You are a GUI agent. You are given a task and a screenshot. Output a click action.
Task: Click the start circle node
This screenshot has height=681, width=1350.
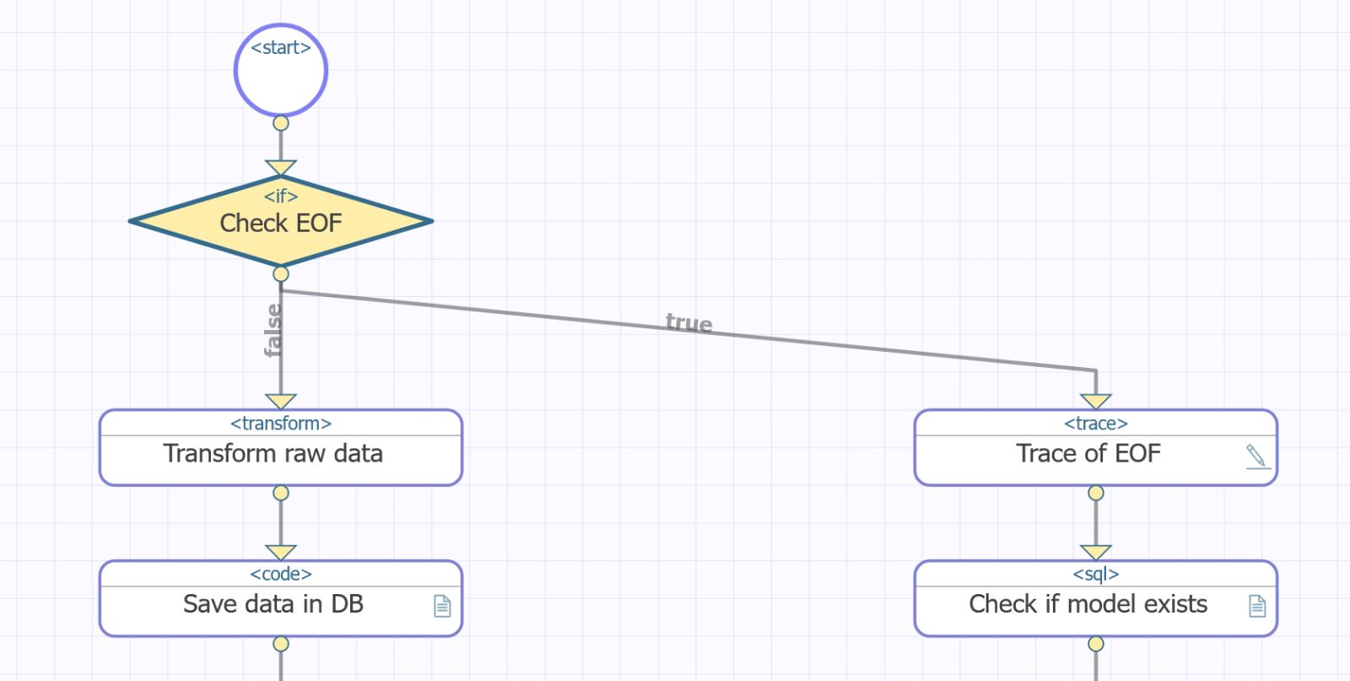point(281,71)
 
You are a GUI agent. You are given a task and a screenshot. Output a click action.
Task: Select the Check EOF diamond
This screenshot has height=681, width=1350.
point(281,222)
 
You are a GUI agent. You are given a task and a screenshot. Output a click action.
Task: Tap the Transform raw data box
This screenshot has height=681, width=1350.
point(281,454)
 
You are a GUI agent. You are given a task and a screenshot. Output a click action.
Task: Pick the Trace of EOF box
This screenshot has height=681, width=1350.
point(1088,454)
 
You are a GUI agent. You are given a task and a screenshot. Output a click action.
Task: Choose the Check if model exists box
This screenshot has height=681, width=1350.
point(1088,605)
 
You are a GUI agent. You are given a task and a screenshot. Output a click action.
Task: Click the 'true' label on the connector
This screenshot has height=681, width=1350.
point(688,323)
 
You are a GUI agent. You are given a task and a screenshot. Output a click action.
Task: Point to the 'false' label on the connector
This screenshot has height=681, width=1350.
point(273,331)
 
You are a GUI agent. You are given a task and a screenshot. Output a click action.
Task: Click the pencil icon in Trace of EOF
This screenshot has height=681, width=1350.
point(1256,456)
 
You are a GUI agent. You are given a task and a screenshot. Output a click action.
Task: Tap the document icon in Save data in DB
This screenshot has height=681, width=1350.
point(442,606)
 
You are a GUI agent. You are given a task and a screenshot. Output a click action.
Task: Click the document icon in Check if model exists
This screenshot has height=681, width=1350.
point(1257,606)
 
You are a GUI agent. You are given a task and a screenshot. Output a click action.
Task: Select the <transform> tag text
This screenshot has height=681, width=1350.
point(281,424)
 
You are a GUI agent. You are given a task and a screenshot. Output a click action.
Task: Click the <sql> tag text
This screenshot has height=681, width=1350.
point(1096,575)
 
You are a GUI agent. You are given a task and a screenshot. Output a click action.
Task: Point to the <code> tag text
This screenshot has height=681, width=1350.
point(281,575)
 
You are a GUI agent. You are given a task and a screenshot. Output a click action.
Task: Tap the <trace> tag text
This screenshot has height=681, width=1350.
point(1096,424)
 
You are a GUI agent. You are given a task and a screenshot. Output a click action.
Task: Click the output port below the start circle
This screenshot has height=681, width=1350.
point(281,123)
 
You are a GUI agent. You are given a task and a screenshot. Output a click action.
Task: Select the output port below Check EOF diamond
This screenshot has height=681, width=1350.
point(281,274)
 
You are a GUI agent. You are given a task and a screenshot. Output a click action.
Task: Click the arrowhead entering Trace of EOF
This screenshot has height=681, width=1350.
point(1096,401)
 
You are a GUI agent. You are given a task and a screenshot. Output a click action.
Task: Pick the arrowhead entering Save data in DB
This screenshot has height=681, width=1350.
point(281,552)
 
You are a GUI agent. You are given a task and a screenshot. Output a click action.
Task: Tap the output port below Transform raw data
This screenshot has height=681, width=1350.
point(281,493)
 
